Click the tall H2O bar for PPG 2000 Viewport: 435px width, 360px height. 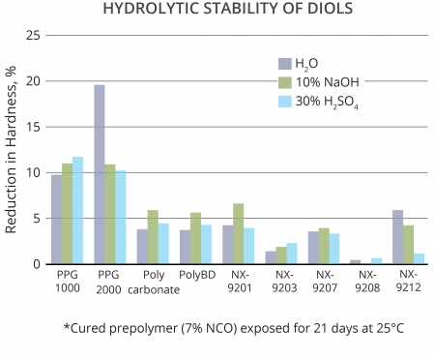[100, 174]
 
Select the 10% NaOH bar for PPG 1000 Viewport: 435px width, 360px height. [67, 214]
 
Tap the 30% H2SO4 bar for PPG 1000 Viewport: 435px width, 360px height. [77, 210]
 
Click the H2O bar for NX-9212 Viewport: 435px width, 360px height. [397, 237]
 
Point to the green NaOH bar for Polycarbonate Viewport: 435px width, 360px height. [153, 237]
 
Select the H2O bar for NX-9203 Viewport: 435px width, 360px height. [270, 257]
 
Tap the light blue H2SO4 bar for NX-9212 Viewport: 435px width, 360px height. [419, 258]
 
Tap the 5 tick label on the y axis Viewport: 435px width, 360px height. [36, 219]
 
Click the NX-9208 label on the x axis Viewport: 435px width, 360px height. [365, 281]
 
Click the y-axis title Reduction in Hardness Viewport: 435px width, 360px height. [12, 150]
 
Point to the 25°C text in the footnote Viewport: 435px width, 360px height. [386, 328]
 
